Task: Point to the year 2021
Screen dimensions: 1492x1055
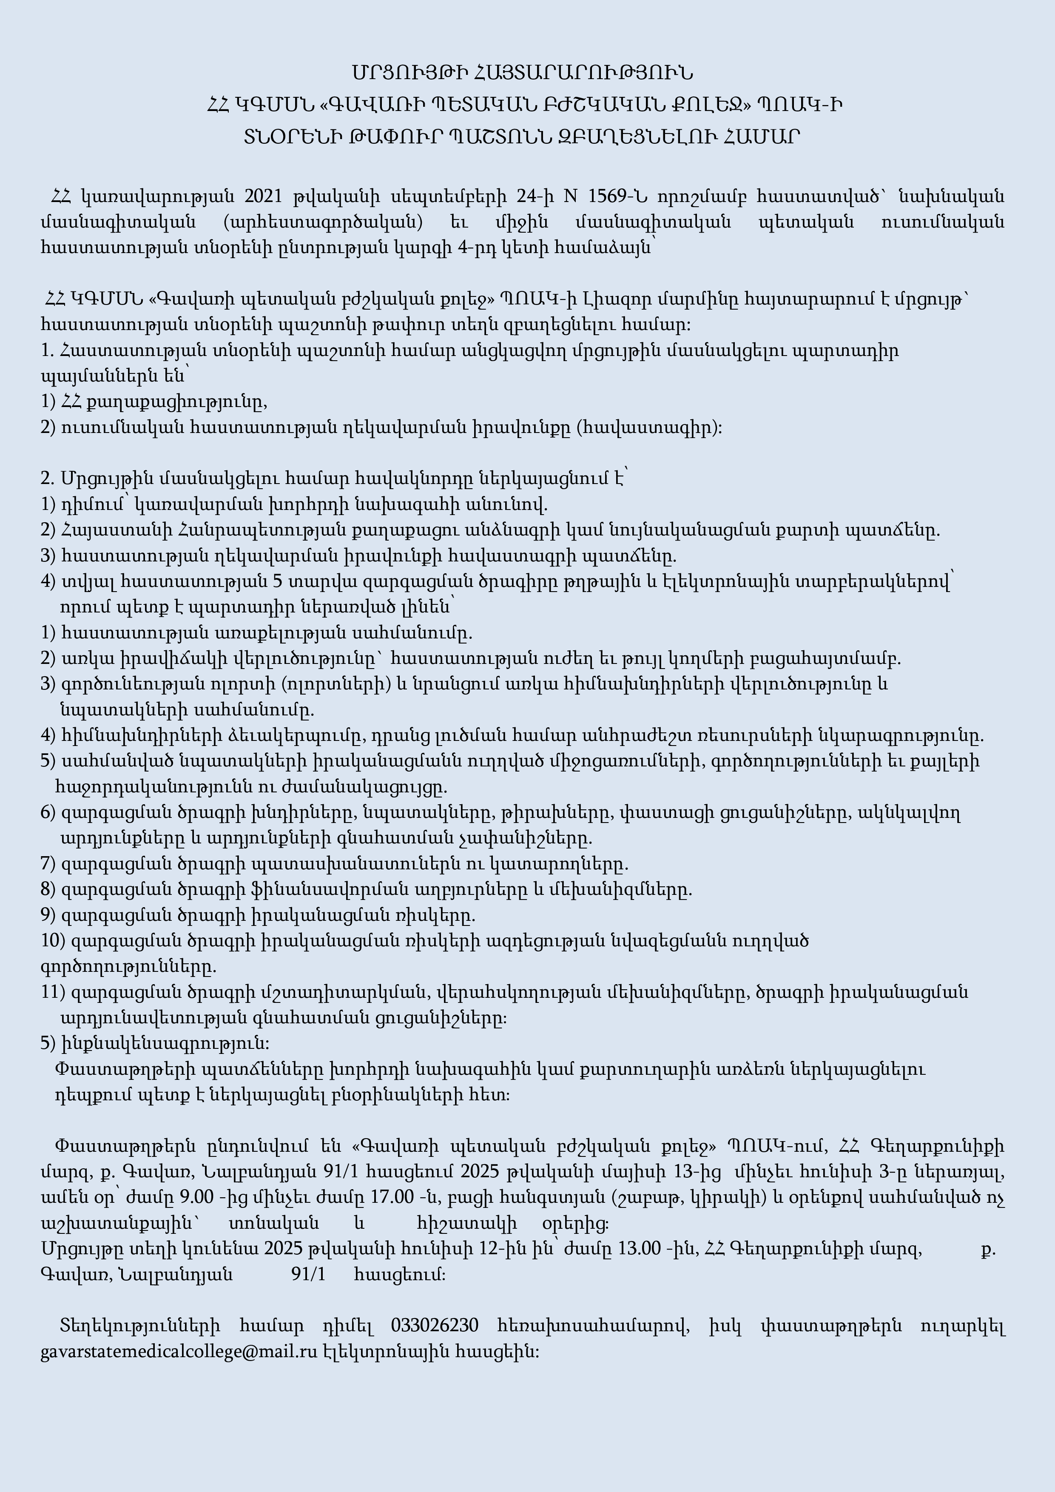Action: click(262, 196)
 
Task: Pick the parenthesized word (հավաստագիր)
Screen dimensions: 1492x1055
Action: click(649, 427)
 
